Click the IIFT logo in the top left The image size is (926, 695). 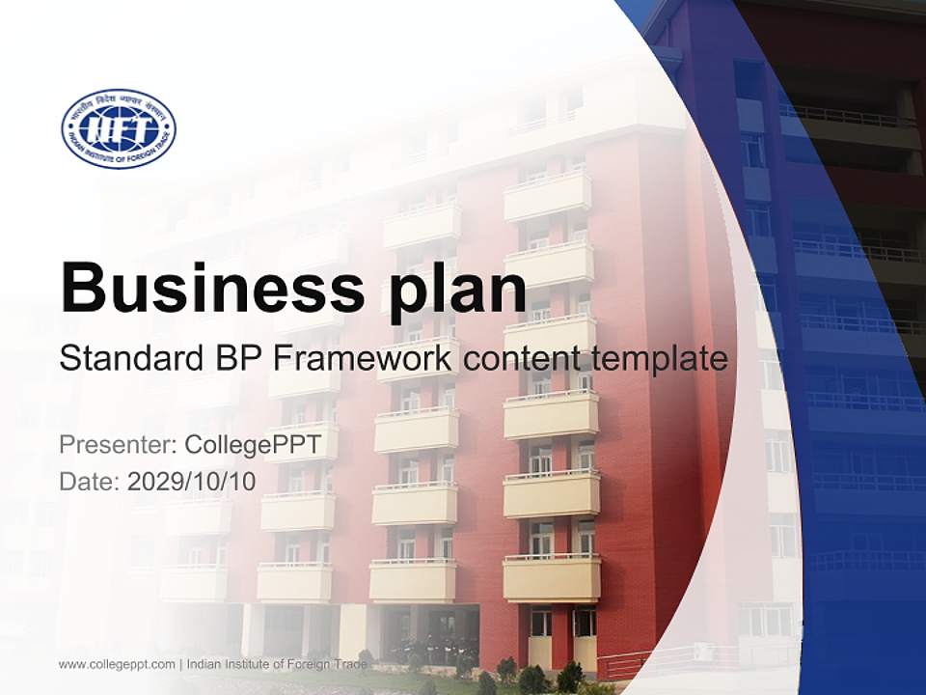[x=119, y=128]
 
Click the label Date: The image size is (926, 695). [x=89, y=482]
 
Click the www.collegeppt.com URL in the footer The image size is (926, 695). [x=117, y=664]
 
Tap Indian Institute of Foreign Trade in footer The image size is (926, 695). [x=279, y=664]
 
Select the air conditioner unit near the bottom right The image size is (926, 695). [x=703, y=652]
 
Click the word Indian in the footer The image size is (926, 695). [x=204, y=664]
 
